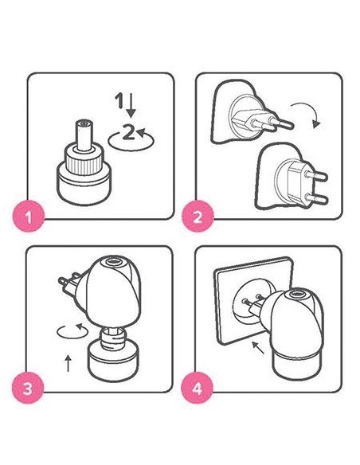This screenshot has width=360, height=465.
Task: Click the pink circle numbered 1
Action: tap(29, 217)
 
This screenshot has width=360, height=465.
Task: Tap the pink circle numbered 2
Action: tap(198, 217)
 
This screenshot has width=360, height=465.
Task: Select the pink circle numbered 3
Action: tap(28, 389)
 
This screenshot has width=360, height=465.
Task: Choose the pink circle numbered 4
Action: tap(198, 389)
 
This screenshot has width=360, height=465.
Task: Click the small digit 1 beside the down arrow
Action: tap(119, 100)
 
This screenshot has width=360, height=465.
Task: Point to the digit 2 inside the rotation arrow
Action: tap(128, 132)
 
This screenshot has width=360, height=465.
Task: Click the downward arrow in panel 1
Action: tap(131, 105)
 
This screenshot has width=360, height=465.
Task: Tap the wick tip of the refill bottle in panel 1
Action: tap(84, 122)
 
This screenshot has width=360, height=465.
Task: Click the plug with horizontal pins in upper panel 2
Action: tap(261, 119)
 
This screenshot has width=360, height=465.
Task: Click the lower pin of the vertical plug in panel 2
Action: tap(317, 199)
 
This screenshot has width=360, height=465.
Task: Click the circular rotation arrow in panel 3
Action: tap(72, 332)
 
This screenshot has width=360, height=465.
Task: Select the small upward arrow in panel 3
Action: tap(68, 363)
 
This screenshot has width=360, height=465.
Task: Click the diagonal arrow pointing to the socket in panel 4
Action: tap(258, 348)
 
